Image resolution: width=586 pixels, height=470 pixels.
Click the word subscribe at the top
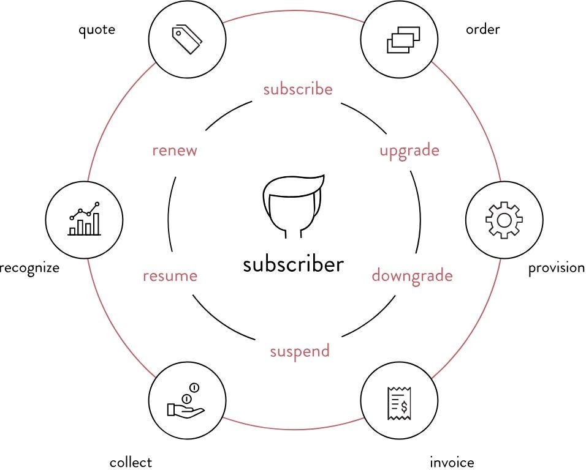coord(298,89)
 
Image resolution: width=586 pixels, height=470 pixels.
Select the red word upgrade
coord(409,151)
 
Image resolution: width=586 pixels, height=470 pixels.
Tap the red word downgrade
coord(412,276)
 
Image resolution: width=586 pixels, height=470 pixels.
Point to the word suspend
coord(300,351)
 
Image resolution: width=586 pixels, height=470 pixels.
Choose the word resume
coord(170,276)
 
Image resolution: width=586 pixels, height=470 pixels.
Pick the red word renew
coord(175,151)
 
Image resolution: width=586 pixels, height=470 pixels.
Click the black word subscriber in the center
coord(293,265)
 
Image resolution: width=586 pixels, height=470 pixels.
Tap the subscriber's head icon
coord(293,206)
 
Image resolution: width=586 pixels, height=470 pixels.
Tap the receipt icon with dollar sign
coord(399,403)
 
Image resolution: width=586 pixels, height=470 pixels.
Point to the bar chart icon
coord(84,220)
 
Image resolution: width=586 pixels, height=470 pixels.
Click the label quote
coord(97,29)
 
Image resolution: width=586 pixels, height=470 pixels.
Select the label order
coord(483,29)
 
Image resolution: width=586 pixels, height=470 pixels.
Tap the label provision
coord(557,268)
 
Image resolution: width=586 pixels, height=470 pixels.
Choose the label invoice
coord(452,462)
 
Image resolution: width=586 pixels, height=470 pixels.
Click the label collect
coord(131,462)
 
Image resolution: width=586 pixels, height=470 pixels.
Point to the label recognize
coord(29,268)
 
